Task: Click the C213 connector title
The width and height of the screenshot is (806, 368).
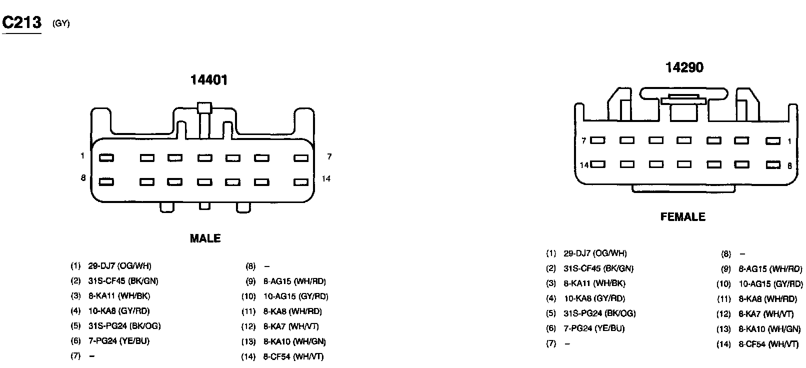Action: click(22, 22)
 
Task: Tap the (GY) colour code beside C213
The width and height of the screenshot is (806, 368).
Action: click(61, 24)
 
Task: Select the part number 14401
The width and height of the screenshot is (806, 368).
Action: click(208, 80)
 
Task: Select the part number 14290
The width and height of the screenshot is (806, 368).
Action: click(684, 67)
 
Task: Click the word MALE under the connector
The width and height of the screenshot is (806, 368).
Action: click(205, 238)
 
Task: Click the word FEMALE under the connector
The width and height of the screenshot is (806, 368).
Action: click(682, 217)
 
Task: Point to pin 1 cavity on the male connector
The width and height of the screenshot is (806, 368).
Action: click(106, 158)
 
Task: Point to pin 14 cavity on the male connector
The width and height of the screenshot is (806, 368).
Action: click(301, 182)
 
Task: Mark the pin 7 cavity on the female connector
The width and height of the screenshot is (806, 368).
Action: click(598, 140)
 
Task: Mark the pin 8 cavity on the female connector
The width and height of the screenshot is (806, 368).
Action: click(773, 164)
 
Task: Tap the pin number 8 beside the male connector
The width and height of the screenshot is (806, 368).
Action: click(83, 178)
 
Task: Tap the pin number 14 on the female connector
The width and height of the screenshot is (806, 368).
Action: click(584, 165)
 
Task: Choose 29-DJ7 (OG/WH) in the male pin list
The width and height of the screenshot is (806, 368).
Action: click(119, 266)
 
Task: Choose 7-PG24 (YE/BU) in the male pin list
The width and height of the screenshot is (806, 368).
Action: click(119, 341)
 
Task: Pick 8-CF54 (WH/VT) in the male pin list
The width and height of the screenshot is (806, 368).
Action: click(293, 357)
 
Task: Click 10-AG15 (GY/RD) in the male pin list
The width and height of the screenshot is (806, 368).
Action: click(295, 296)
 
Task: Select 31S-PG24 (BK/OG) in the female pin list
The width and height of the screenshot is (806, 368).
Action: click(599, 313)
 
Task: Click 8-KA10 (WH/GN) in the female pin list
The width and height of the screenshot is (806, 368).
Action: click(769, 329)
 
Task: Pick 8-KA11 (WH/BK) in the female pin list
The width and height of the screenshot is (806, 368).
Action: click(594, 283)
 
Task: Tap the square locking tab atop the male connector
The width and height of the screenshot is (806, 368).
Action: click(204, 107)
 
